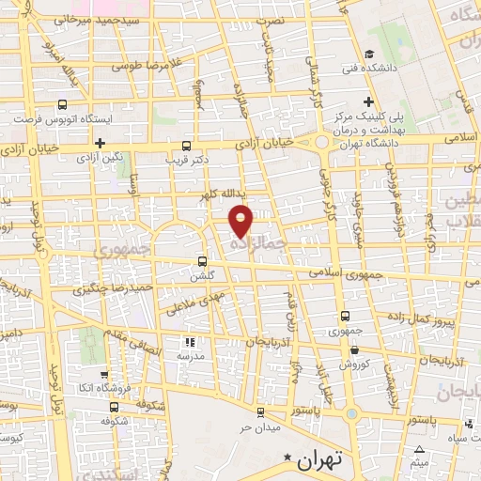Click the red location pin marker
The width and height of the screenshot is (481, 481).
[242, 219]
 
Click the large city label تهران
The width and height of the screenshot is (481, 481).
[320, 462]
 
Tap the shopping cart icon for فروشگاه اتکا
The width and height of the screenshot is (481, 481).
[106, 373]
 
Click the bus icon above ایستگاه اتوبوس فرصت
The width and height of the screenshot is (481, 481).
[62, 105]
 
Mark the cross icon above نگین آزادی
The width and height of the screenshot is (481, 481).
[100, 143]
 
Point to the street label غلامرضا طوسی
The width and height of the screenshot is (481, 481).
[145, 67]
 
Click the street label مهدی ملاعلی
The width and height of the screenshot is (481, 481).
[194, 303]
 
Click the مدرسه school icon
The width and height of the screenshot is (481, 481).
[188, 343]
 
